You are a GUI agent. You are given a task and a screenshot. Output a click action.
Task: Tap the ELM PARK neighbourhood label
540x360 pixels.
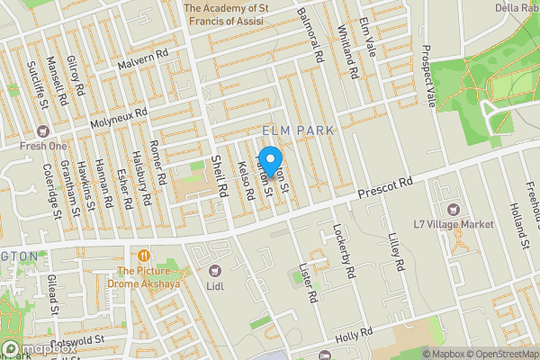tap(297, 130)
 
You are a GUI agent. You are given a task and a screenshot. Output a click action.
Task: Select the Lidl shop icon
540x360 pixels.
tap(214, 270)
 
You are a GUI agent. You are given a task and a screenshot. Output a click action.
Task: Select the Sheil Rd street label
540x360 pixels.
tap(217, 172)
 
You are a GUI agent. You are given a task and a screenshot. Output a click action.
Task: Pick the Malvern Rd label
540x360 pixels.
tap(143, 67)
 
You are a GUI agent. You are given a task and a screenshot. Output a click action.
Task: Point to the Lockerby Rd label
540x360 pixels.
tap(345, 250)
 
